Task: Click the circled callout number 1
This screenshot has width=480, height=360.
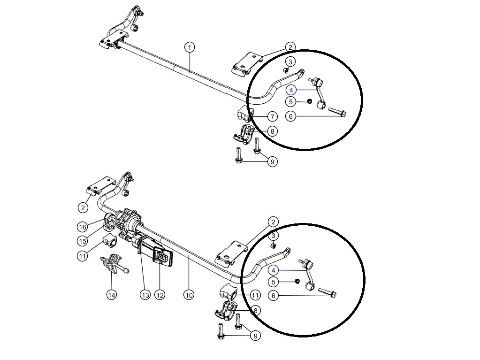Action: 190,47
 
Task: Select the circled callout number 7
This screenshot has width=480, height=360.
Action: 272,116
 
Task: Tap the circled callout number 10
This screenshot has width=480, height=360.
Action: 189,295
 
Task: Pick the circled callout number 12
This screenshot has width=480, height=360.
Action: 160,295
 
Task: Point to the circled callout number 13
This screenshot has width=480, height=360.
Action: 145,295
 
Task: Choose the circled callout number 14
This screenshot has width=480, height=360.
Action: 112,295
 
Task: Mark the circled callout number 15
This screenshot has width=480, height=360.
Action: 83,241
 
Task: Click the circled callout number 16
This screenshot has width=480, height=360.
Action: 83,227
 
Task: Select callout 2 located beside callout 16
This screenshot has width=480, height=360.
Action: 83,208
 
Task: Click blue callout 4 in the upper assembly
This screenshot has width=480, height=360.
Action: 291,90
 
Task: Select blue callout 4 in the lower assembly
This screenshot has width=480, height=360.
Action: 274,270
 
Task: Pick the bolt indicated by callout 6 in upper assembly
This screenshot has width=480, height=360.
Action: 337,111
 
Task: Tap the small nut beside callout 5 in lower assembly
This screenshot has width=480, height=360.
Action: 297,281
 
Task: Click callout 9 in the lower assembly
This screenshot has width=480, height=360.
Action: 256,336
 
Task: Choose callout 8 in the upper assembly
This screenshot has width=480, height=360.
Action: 272,131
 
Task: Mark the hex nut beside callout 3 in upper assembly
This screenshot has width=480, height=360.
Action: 286,70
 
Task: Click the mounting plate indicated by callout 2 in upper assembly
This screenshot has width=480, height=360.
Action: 247,63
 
